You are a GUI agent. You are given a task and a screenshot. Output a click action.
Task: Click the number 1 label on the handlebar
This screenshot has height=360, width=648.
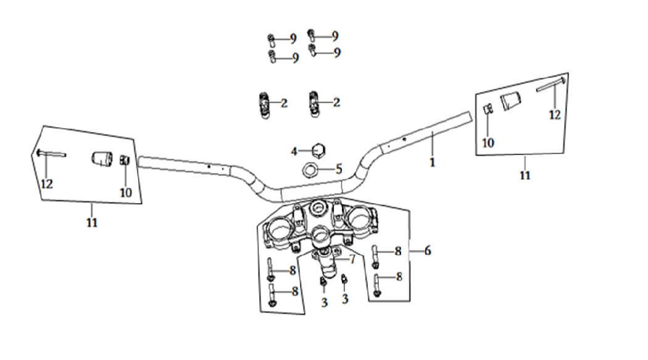(x=432, y=162)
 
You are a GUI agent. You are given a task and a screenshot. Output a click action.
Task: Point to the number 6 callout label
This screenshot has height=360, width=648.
(x=427, y=251)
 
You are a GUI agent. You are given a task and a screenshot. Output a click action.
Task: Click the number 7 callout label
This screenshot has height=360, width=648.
(x=352, y=259)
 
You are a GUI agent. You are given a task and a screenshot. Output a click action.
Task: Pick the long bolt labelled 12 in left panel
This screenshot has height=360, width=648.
(x=51, y=154)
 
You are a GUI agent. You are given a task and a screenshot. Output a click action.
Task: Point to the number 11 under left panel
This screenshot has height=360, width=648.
(x=92, y=223)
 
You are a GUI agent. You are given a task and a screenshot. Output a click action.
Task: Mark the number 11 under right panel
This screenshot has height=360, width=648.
(x=525, y=175)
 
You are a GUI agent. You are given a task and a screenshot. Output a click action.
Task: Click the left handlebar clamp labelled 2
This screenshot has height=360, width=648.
(x=264, y=103)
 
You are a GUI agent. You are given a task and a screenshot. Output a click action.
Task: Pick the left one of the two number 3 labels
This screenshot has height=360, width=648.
(x=324, y=302)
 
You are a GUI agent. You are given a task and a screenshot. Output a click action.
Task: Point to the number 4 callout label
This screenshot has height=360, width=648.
(x=294, y=150)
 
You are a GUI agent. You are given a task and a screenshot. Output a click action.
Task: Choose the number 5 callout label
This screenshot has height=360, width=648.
(x=338, y=168)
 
